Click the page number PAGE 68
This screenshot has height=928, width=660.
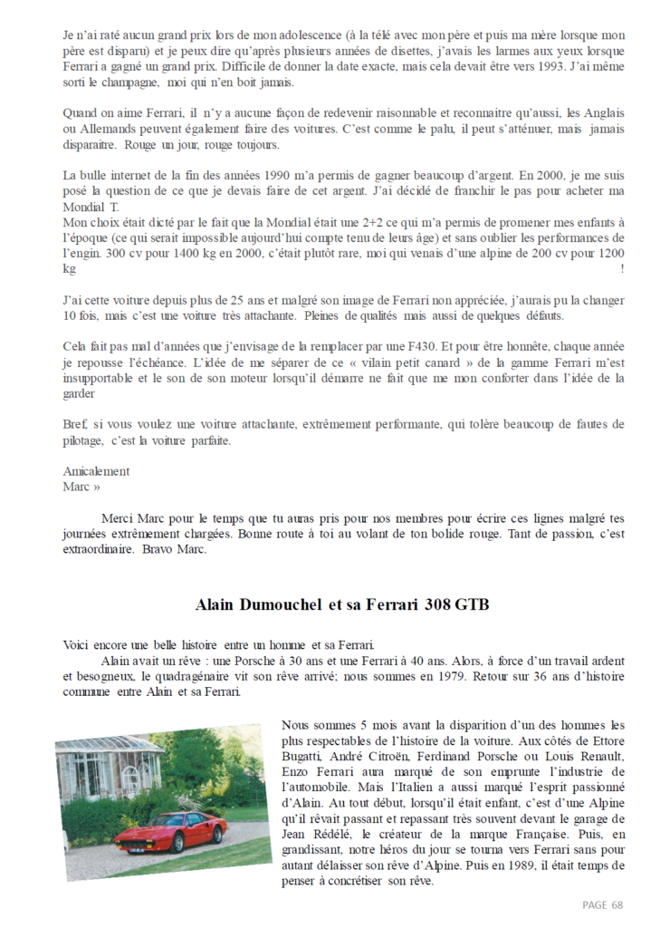[602, 904]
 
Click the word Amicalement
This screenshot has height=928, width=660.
[96, 471]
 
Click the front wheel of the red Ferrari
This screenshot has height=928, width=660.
[132, 844]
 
